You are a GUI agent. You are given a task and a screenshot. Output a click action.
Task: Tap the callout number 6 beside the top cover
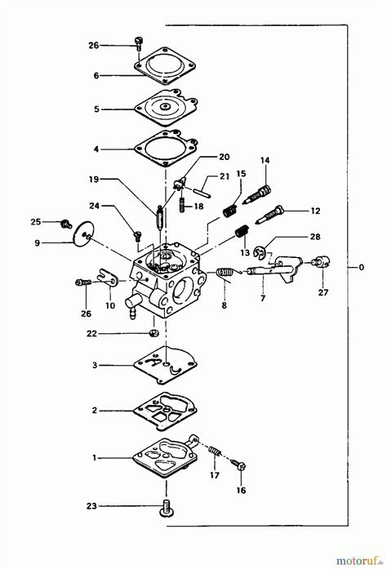point(96,75)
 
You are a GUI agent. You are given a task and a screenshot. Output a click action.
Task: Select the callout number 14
point(264,161)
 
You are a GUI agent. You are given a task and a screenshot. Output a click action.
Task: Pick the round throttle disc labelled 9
point(80,233)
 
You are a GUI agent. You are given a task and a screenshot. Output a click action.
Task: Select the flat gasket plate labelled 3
point(166,363)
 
